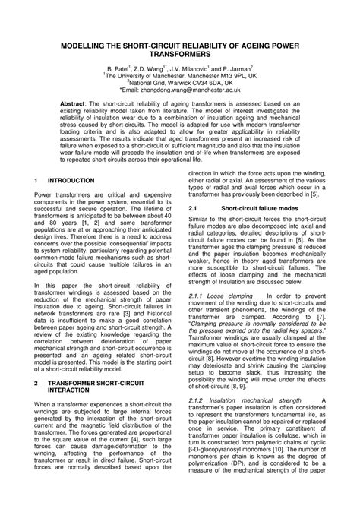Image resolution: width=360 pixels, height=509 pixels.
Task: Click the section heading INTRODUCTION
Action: (x=73, y=181)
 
